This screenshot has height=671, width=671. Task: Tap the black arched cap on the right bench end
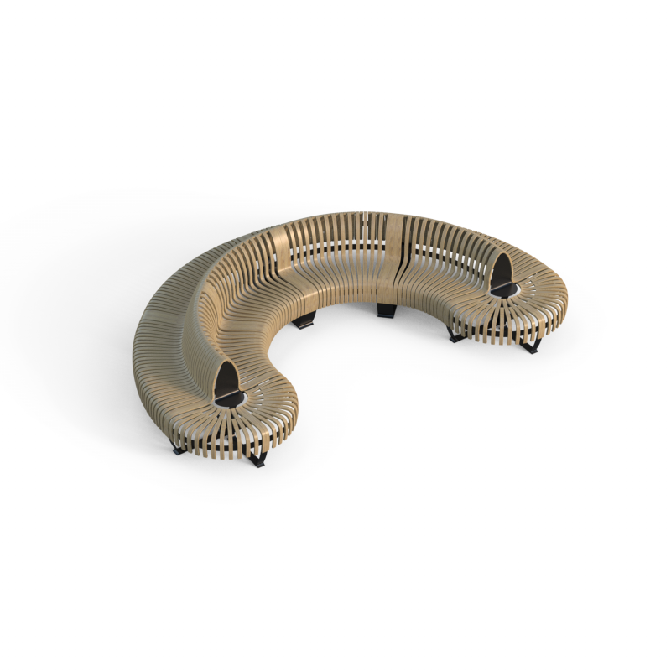click(501, 270)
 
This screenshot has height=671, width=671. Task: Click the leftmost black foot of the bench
click(179, 449)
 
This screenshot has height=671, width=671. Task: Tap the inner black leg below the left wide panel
click(307, 320)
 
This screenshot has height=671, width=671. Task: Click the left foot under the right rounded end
click(455, 335)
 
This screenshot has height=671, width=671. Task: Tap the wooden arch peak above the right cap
click(502, 252)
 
